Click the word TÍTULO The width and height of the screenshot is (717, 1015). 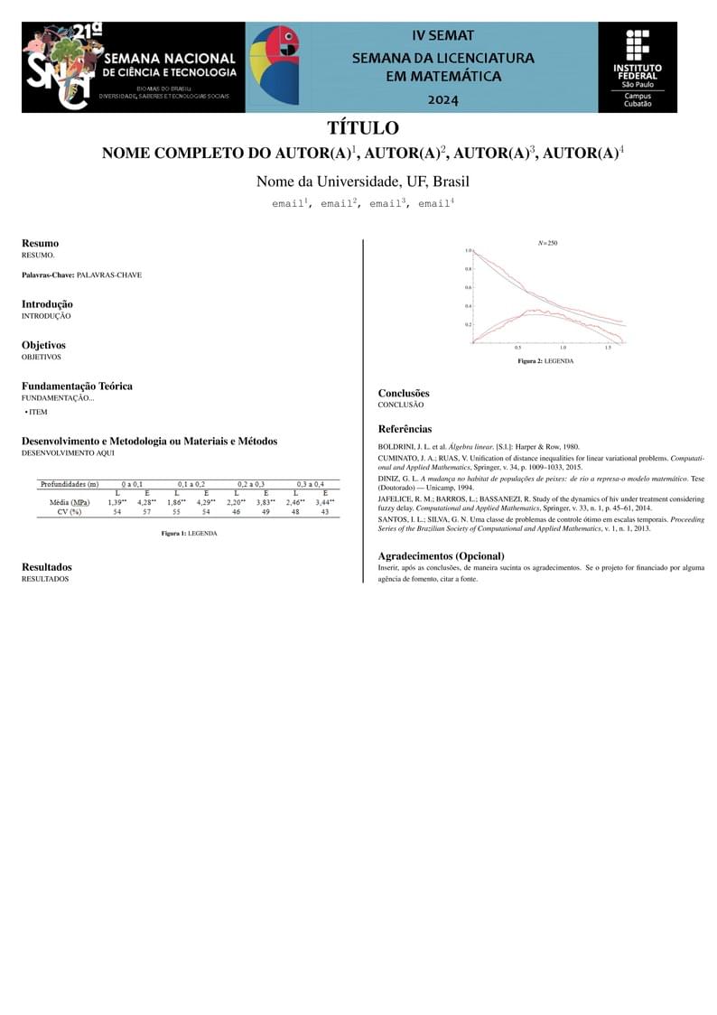click(x=362, y=128)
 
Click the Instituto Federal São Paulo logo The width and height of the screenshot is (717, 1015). click(x=638, y=68)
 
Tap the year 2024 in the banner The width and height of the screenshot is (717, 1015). click(x=442, y=99)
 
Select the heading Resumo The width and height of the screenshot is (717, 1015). click(x=40, y=243)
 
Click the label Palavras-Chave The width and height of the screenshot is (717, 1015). click(x=48, y=275)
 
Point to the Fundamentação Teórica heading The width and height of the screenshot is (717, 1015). click(x=77, y=386)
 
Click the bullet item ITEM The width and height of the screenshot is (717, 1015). click(x=38, y=412)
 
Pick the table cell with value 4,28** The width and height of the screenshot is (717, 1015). click(x=146, y=502)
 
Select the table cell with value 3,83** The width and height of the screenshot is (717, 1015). click(x=265, y=502)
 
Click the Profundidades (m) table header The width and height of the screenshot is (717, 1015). click(x=70, y=485)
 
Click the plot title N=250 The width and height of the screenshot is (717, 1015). click(x=547, y=243)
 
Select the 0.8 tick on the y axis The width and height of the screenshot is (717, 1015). click(x=468, y=269)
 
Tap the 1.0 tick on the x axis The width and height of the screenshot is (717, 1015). click(x=563, y=348)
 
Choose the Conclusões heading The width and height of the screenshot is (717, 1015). click(x=404, y=393)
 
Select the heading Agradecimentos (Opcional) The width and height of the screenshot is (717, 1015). click(x=441, y=555)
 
